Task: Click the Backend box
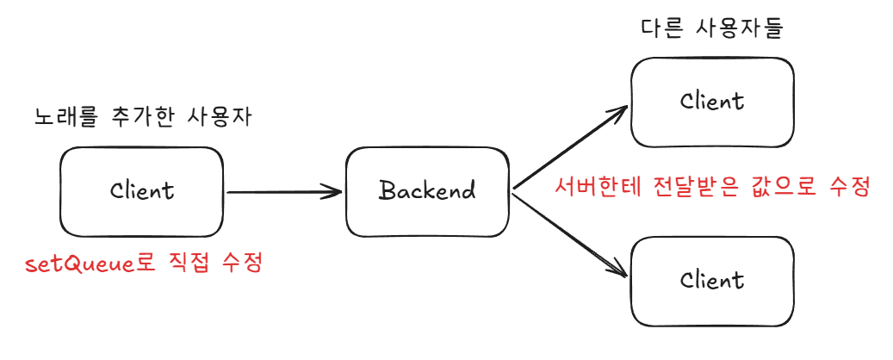427,192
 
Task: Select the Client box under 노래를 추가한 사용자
141,192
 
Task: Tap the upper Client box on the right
712,102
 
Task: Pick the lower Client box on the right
712,282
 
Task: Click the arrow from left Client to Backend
283,192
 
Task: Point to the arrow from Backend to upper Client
569,147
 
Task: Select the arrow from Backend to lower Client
569,236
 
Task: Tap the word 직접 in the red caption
189,264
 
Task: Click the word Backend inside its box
427,191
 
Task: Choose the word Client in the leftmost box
142,190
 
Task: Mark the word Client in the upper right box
712,102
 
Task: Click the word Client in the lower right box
712,280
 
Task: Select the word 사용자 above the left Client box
219,117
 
